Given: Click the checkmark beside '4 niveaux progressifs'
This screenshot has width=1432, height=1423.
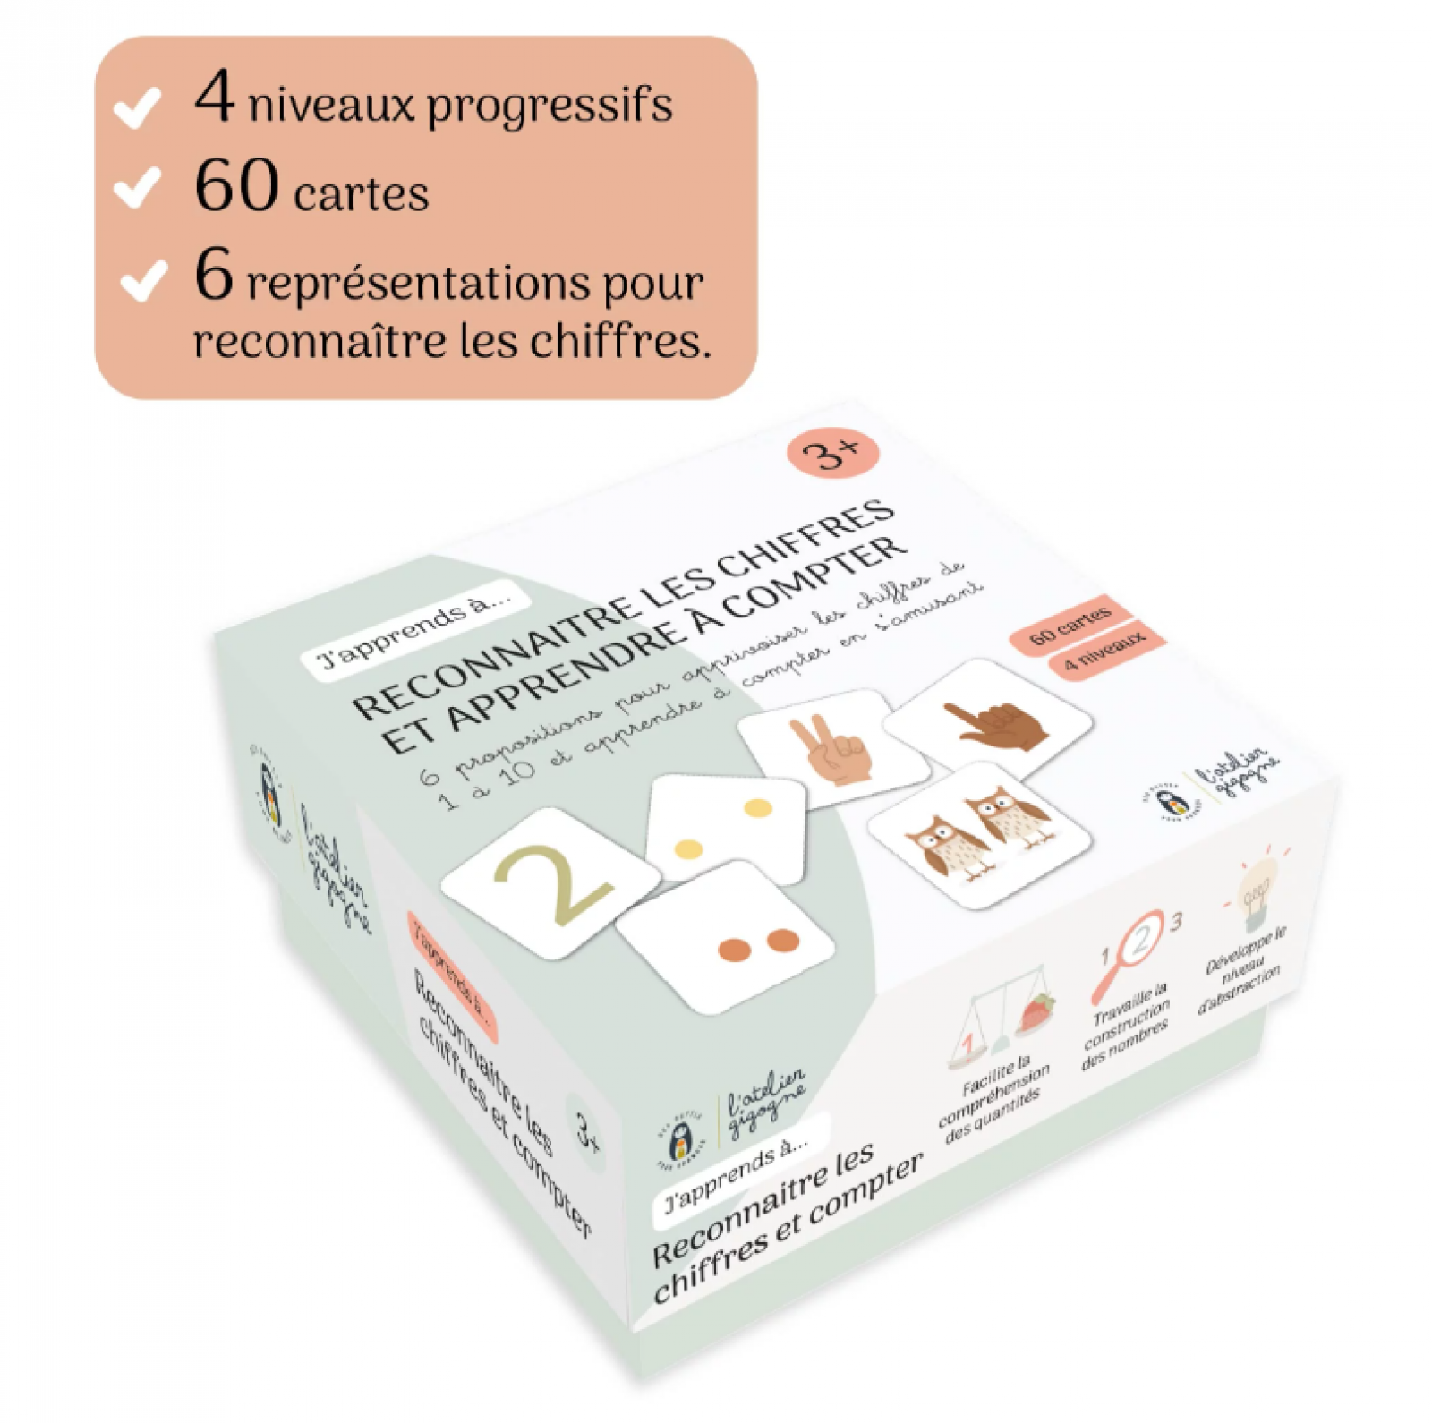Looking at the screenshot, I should [x=138, y=109].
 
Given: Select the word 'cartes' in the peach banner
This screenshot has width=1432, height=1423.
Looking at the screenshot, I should [x=362, y=194].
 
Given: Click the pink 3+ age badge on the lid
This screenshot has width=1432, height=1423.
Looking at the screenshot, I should [x=832, y=453].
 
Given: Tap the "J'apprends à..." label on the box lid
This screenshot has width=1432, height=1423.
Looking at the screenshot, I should [x=415, y=634].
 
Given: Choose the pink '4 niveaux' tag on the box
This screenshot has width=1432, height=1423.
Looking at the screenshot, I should [x=1106, y=652].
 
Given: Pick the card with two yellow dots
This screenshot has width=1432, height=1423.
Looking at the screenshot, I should [x=725, y=828].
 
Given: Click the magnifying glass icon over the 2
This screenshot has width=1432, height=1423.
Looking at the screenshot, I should [x=1130, y=950].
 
